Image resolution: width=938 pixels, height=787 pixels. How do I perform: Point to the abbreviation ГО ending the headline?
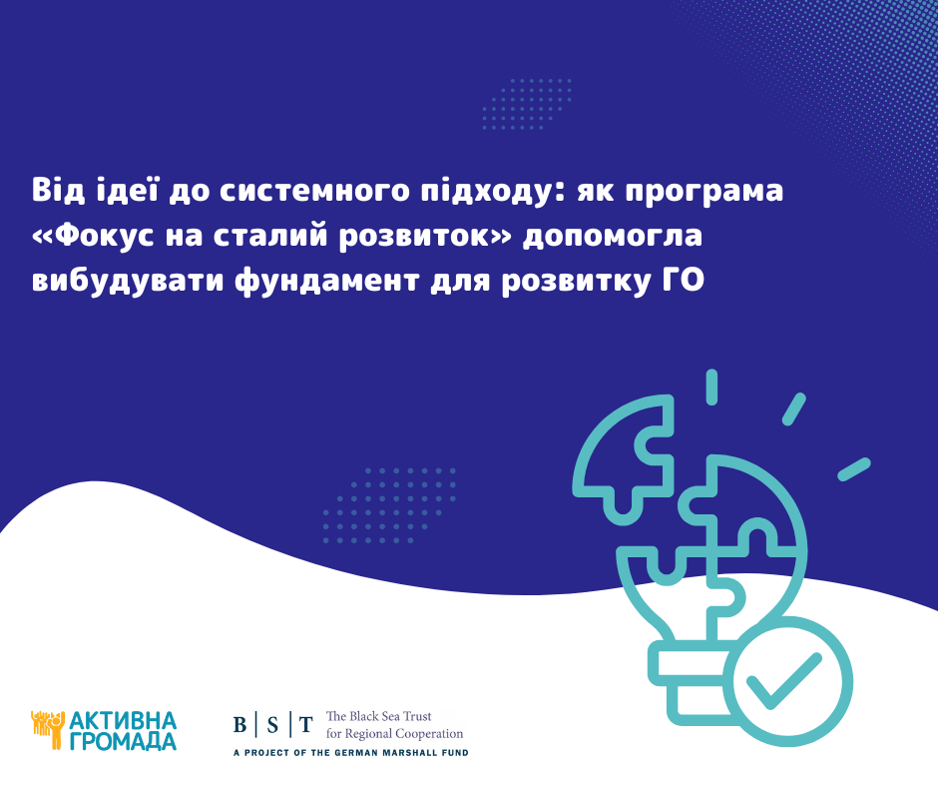(x=684, y=280)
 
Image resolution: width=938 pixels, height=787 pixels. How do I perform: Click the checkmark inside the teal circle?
(x=783, y=681)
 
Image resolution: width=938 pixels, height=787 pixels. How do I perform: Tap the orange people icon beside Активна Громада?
(x=48, y=728)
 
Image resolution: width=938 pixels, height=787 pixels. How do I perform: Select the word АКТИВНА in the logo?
(x=123, y=720)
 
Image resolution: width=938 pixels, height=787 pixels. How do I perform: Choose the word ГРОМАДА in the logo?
(x=123, y=741)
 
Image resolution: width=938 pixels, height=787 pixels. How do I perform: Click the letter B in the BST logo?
(x=239, y=725)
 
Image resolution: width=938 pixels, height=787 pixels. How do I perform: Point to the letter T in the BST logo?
(x=305, y=725)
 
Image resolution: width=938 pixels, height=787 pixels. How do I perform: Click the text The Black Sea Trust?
(x=378, y=716)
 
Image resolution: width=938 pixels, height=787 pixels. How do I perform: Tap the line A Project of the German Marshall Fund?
(x=350, y=753)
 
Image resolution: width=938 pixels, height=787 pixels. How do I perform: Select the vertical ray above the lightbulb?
(x=711, y=388)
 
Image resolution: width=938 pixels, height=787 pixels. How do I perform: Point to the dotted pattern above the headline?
(x=527, y=104)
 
